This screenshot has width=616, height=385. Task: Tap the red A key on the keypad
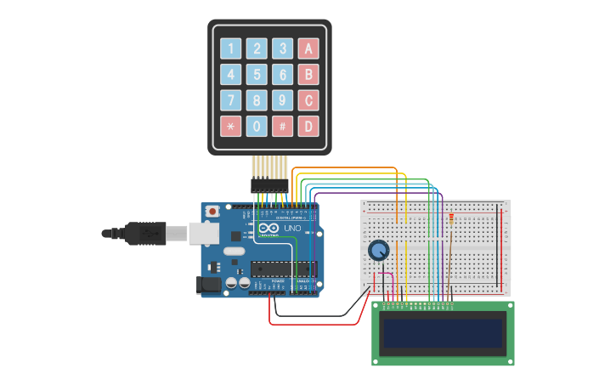click(309, 48)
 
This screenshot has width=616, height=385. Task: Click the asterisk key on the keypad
click(231, 127)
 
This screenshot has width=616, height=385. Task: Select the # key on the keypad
click(283, 127)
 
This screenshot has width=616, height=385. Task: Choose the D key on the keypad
click(309, 127)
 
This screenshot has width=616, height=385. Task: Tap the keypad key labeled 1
click(231, 48)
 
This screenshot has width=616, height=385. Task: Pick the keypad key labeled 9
click(283, 100)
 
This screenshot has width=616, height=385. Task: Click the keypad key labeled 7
click(231, 100)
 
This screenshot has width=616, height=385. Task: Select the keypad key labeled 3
click(283, 48)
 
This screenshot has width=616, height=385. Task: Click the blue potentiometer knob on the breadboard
click(379, 250)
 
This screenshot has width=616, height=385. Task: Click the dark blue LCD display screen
click(443, 333)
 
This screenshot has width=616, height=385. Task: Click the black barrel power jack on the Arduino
click(209, 286)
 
